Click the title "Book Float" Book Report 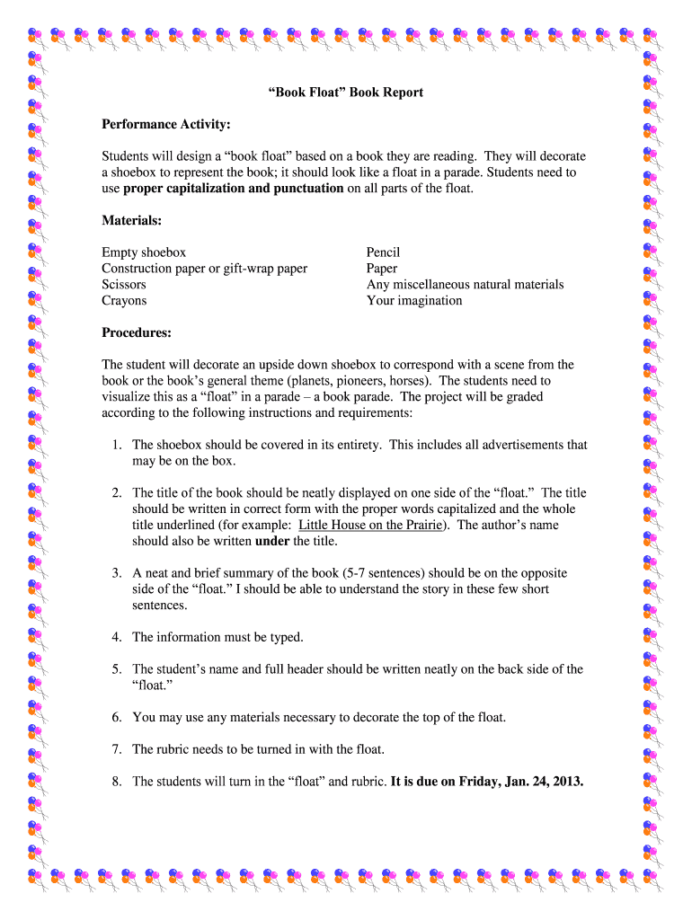pos(346,93)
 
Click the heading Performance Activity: pos(166,123)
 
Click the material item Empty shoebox pos(144,252)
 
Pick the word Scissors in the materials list pos(124,285)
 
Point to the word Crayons pos(124,301)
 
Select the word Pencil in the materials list pos(383,252)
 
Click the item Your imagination pos(414,301)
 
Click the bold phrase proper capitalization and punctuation pos(233,188)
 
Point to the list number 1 pos(117,445)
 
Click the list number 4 pos(117,637)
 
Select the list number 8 pos(117,782)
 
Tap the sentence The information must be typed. pos(217,637)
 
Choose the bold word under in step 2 pos(272,541)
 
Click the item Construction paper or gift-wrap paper pos(204,269)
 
